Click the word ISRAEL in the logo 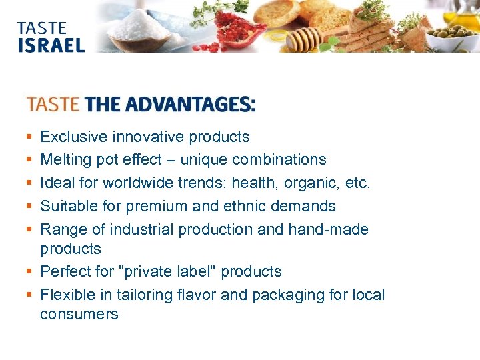(x=51, y=45)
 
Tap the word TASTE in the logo (x=42, y=28)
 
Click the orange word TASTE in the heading (x=53, y=105)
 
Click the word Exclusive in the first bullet (x=73, y=137)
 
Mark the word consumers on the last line (x=79, y=314)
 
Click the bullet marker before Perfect (x=29, y=272)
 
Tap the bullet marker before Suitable (x=29, y=207)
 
